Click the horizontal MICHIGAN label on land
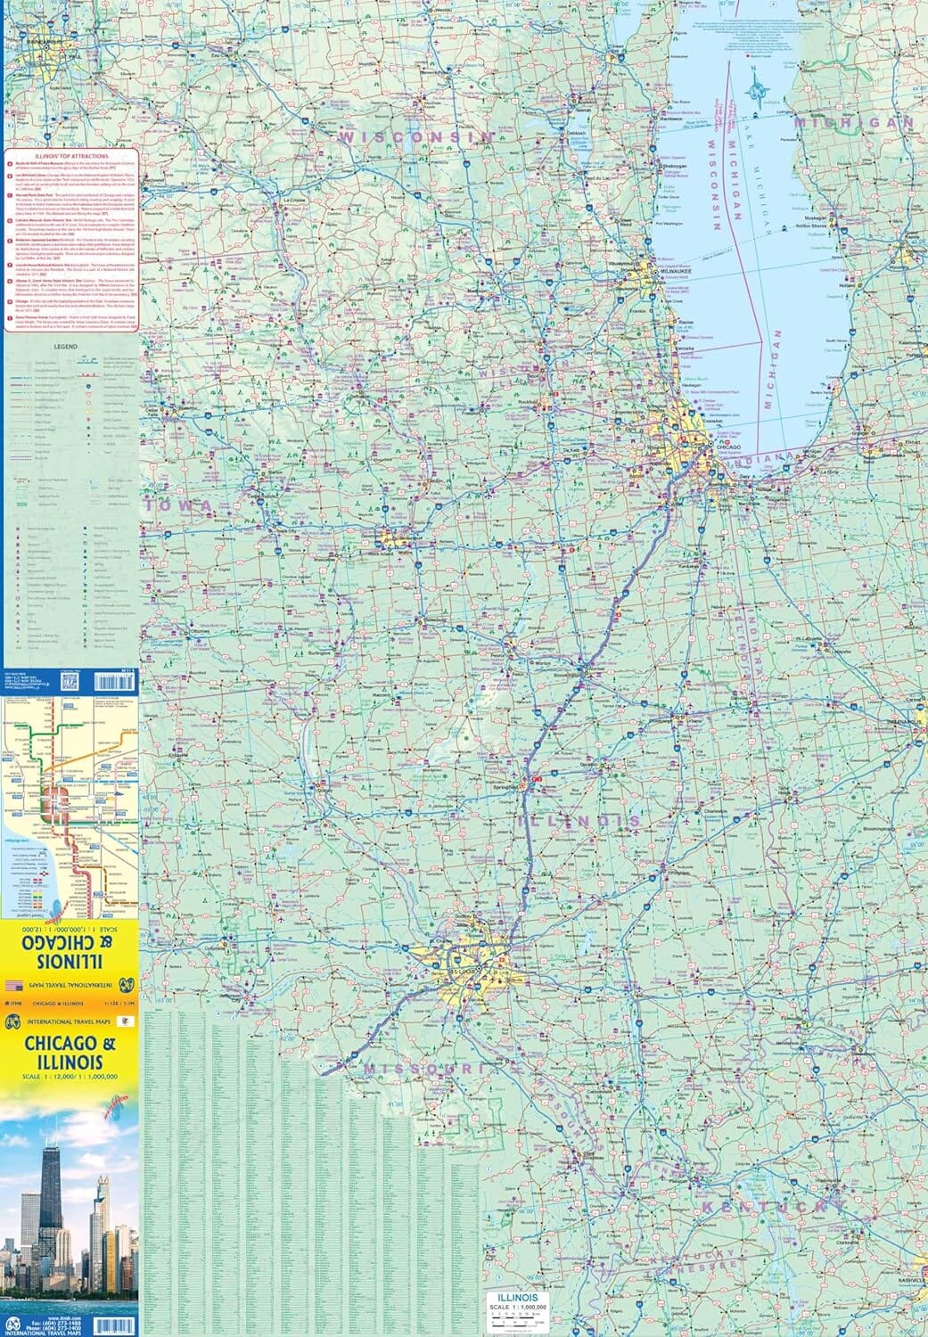pos(855,122)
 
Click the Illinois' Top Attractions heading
pos(70,154)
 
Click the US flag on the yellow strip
pos(13,985)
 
